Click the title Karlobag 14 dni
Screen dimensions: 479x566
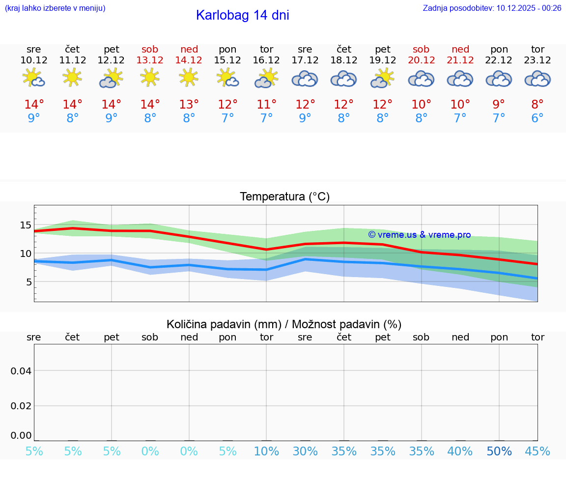point(242,15)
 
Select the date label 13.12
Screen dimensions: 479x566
point(150,60)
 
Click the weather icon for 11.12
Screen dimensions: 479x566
point(72,78)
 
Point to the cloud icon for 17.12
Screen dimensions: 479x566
point(305,79)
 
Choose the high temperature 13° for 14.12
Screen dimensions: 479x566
point(189,104)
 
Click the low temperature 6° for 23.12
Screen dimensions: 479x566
point(538,118)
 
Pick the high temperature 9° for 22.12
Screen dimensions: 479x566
point(499,104)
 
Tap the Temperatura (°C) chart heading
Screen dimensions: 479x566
point(284,197)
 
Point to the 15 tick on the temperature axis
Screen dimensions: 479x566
point(26,225)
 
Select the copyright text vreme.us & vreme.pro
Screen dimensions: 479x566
point(419,235)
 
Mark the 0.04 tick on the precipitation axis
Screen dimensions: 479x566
point(21,371)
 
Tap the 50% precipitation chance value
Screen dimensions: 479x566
point(499,451)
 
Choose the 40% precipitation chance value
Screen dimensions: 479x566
point(460,451)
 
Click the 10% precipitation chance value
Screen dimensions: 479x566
point(266,451)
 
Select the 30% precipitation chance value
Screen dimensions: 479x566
point(305,451)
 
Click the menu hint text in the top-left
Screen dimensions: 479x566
point(55,8)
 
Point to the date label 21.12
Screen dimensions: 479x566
point(460,60)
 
